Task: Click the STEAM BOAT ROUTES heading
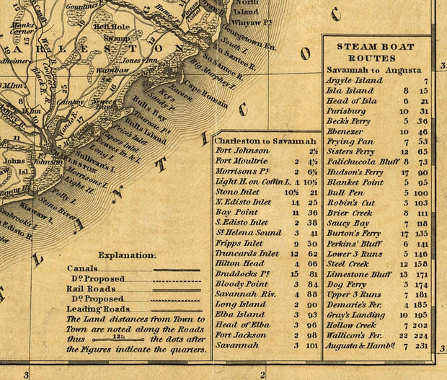click(376, 52)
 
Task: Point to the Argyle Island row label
click(355, 81)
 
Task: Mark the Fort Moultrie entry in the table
click(242, 162)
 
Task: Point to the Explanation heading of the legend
click(127, 255)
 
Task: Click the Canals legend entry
click(82, 268)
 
